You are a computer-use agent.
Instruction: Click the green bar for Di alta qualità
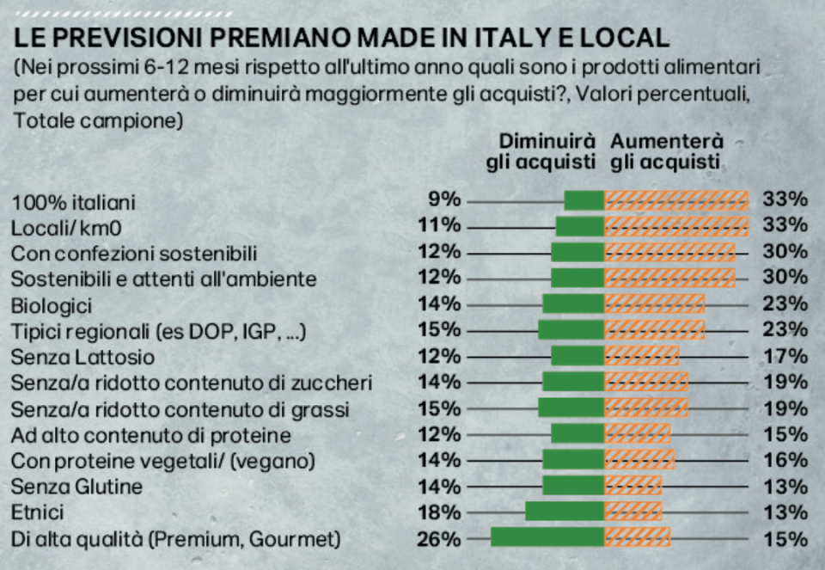click(x=548, y=538)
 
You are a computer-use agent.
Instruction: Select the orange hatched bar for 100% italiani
click(x=676, y=200)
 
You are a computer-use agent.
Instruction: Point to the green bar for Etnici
click(x=565, y=512)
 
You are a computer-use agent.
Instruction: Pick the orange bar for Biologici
click(x=655, y=304)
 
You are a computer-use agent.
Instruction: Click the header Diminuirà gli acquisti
click(x=541, y=151)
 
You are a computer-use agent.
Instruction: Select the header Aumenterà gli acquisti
click(x=667, y=151)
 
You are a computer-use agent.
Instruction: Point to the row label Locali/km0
click(x=64, y=228)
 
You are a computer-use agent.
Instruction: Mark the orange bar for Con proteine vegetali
click(x=639, y=460)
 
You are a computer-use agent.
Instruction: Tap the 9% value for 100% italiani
click(x=445, y=200)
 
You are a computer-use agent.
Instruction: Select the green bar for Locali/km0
click(x=580, y=227)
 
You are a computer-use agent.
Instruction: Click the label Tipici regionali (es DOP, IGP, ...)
click(x=159, y=331)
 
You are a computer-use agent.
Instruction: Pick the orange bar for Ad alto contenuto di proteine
click(x=637, y=434)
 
